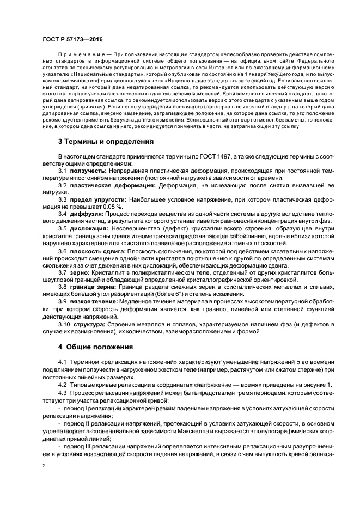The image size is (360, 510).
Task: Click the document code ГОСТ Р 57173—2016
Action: tap(72, 40)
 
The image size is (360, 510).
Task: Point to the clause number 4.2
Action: tap(62, 385)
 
